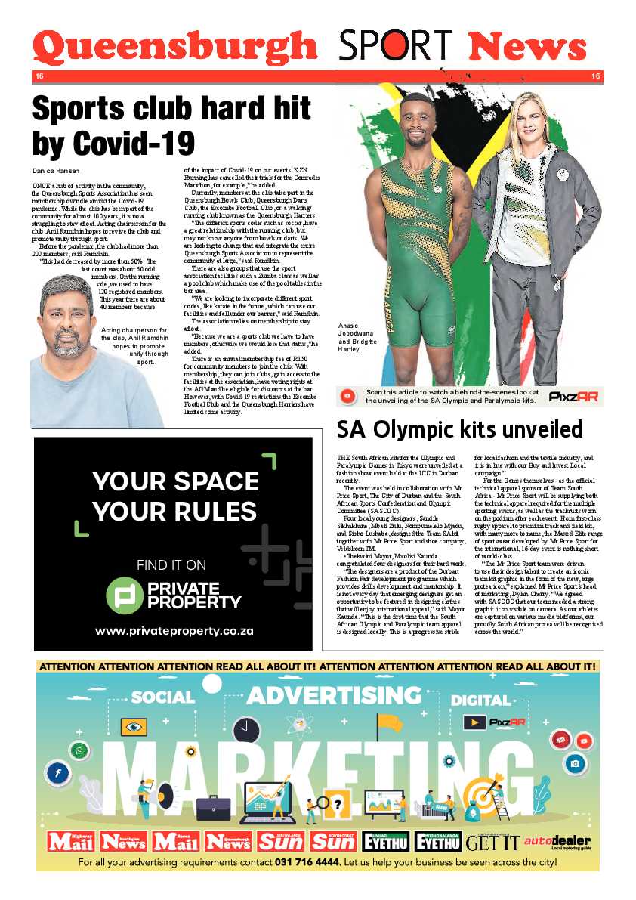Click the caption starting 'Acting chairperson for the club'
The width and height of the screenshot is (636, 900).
[x=134, y=346]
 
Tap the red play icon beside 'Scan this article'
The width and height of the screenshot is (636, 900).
[x=348, y=396]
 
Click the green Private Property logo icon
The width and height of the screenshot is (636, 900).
[x=124, y=595]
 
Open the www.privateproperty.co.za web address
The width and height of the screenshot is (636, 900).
[x=174, y=631]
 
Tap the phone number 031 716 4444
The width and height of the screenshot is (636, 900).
[x=307, y=861]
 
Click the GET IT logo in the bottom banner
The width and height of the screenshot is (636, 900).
[x=492, y=842]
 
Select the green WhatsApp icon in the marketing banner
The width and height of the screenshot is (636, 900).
[x=79, y=750]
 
